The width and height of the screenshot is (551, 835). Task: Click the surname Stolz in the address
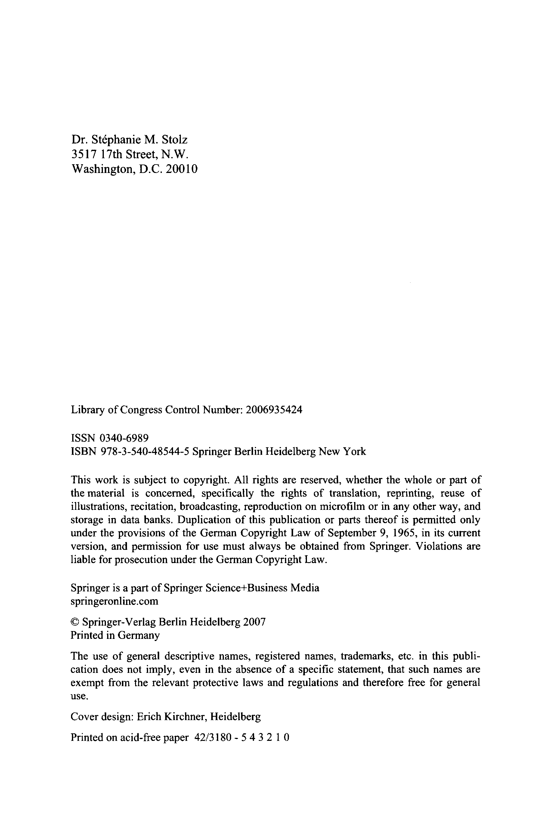click(175, 140)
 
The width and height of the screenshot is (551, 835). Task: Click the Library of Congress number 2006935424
click(274, 410)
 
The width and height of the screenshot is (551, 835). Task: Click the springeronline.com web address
click(115, 601)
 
